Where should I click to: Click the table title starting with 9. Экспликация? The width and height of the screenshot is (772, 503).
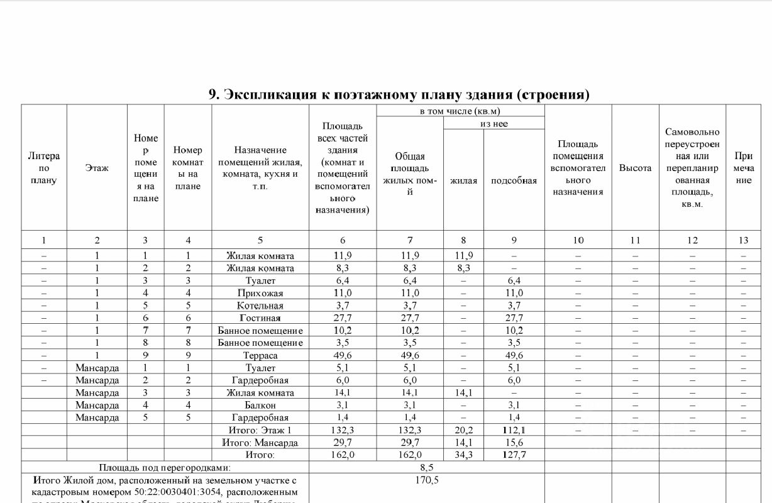[x=399, y=95]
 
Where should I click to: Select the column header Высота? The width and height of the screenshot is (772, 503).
[x=635, y=168]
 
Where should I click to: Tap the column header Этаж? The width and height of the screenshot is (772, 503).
[x=97, y=168]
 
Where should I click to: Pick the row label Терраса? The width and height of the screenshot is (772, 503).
[x=260, y=355]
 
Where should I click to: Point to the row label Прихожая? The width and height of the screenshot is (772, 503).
[x=260, y=293]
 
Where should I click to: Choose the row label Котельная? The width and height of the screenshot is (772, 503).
[x=260, y=306]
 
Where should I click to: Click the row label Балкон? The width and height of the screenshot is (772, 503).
[x=260, y=405]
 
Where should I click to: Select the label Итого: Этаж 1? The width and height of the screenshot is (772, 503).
[x=260, y=430]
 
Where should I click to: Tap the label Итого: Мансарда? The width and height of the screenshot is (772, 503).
[x=260, y=443]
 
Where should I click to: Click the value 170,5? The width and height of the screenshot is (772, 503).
[x=427, y=480]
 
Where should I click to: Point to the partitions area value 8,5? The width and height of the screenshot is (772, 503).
[x=427, y=468]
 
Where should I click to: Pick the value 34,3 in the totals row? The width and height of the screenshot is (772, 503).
[x=463, y=455]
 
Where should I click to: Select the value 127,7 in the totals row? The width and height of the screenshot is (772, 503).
[x=514, y=455]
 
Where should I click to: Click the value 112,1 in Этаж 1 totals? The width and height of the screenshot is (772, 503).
[x=514, y=430]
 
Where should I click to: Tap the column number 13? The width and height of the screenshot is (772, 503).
[x=743, y=240]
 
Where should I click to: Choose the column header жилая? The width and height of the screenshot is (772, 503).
[x=463, y=180]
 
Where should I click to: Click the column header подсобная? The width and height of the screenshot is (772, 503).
[x=514, y=180]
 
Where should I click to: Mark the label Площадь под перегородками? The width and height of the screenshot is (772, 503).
[x=165, y=468]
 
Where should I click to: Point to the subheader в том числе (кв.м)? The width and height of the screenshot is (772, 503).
[x=460, y=111]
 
